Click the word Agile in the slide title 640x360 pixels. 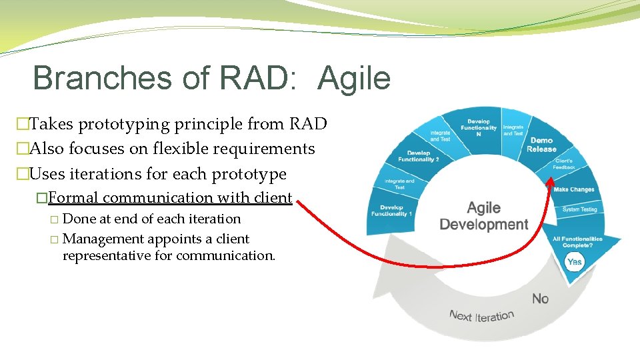(354, 78)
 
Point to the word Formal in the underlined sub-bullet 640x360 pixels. (73, 197)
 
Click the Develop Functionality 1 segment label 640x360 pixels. (392, 210)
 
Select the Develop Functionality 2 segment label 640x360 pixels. (418, 156)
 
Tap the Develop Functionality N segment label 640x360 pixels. (479, 127)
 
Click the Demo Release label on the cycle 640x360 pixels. (541, 145)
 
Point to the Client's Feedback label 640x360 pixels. (564, 164)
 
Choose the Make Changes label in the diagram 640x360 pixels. (573, 189)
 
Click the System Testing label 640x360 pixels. (579, 209)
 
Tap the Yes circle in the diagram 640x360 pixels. (574, 262)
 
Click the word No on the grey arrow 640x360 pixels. (540, 298)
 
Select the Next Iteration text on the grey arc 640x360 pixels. (481, 315)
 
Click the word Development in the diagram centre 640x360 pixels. (483, 225)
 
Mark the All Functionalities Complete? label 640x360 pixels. (577, 241)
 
